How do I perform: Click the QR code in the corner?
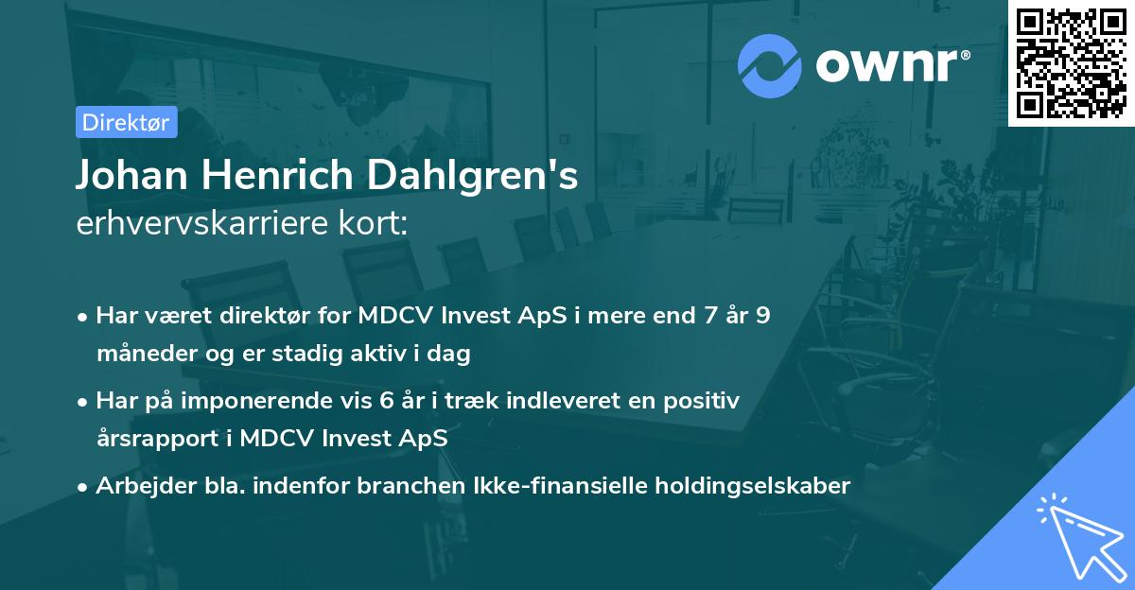point(1071,62)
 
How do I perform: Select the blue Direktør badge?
point(126,122)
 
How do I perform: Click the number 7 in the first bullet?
point(704,316)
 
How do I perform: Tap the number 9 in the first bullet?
point(762,316)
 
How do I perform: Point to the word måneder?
point(143,355)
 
